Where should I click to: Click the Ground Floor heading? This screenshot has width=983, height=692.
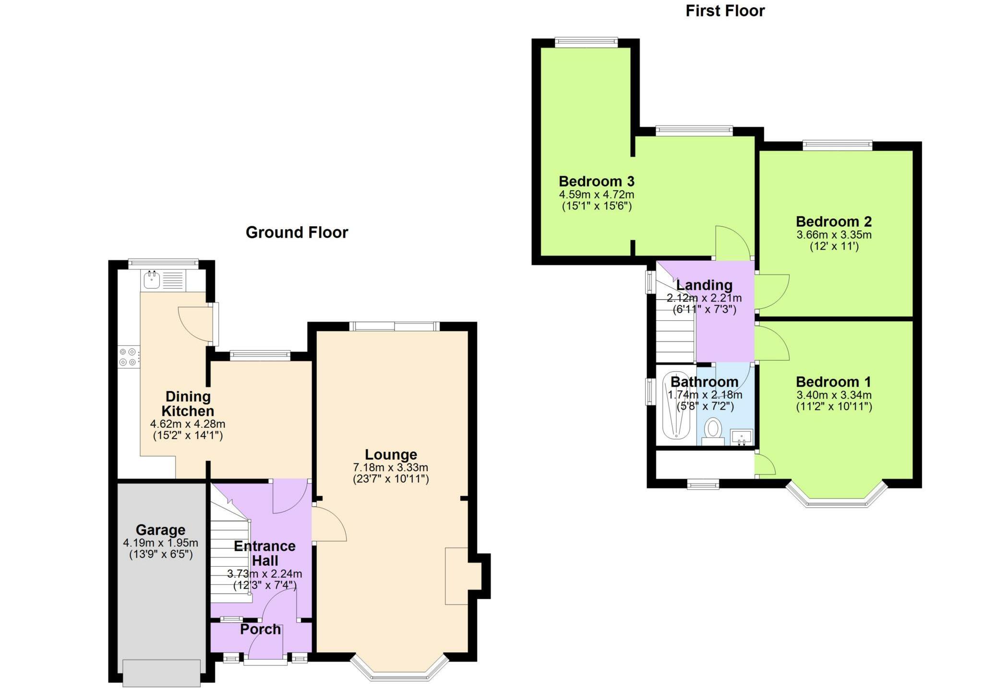[x=297, y=232]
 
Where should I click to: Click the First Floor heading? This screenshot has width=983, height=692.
[x=725, y=11]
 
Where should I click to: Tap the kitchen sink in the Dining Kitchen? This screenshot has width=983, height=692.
[x=152, y=280]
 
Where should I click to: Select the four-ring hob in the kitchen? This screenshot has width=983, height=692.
[x=128, y=357]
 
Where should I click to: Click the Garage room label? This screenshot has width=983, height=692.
[x=160, y=530]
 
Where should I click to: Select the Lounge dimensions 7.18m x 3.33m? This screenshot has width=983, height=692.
[x=390, y=467]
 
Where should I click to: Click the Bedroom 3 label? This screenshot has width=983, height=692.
[x=596, y=182]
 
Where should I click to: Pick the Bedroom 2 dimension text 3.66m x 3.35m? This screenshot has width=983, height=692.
[x=834, y=235]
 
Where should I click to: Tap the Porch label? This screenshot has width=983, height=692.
[x=260, y=629]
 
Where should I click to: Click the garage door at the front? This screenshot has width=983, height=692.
[x=161, y=673]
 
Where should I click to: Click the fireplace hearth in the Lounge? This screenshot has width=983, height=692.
[x=456, y=576]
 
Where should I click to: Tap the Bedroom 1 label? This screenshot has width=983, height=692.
[x=833, y=382]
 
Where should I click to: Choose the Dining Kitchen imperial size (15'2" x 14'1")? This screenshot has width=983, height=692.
[x=188, y=436]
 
